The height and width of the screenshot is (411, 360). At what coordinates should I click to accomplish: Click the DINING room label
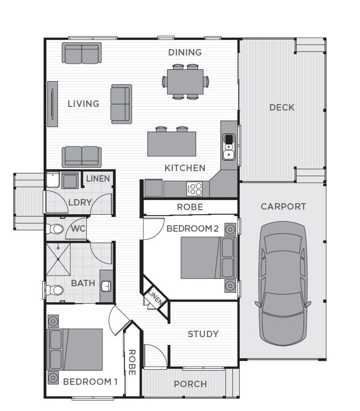pyautogui.click(x=184, y=53)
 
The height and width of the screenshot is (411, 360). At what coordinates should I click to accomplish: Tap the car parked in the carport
pyautogui.click(x=283, y=284)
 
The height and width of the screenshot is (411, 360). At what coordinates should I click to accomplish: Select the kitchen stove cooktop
pyautogui.click(x=194, y=189)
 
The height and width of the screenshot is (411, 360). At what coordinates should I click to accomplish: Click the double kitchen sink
pyautogui.click(x=229, y=147)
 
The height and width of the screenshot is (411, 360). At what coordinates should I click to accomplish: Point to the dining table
pyautogui.click(x=185, y=82)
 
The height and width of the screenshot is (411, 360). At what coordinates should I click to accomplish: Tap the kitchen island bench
pyautogui.click(x=171, y=144)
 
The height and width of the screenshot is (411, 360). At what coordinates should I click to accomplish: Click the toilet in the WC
pyautogui.click(x=55, y=229)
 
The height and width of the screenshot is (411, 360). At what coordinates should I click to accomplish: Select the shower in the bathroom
pyautogui.click(x=58, y=259)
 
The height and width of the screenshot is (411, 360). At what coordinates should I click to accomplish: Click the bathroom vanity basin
pyautogui.click(x=106, y=286)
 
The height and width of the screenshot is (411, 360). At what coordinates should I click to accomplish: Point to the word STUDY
pyautogui.click(x=203, y=334)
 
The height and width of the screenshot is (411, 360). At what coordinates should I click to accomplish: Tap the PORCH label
pyautogui.click(x=190, y=384)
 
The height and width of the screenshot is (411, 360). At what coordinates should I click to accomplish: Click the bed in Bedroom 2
pyautogui.click(x=209, y=258)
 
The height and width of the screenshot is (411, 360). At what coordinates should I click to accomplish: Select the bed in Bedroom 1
pyautogui.click(x=75, y=349)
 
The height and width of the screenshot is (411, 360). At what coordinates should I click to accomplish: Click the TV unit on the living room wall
pyautogui.click(x=53, y=104)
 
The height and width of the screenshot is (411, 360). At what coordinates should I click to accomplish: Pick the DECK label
pyautogui.click(x=282, y=107)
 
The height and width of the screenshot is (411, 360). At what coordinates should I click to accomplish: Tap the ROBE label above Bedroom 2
pyautogui.click(x=190, y=207)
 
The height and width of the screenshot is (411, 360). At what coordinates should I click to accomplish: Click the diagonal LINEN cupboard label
pyautogui.click(x=155, y=297)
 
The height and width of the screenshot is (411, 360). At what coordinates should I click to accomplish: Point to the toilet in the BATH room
pyautogui.click(x=55, y=290)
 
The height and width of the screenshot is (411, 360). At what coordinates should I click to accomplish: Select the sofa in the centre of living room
pyautogui.click(x=121, y=104)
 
